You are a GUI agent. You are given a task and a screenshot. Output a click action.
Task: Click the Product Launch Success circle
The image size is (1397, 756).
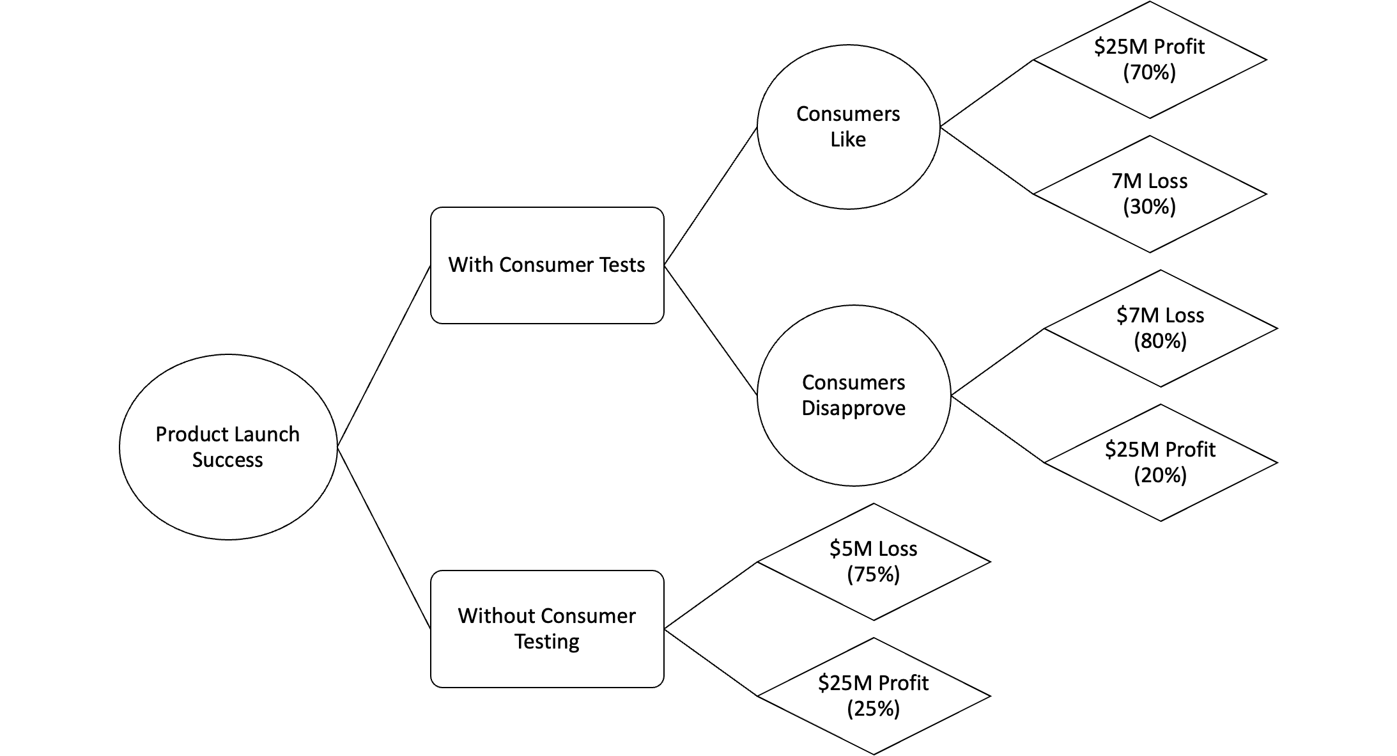(228, 446)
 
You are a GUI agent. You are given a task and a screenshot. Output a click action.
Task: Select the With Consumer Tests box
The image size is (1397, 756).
(547, 265)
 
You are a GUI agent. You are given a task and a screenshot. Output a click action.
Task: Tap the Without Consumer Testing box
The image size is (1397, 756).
(547, 629)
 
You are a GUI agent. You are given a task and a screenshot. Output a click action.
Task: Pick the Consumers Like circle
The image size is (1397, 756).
(848, 127)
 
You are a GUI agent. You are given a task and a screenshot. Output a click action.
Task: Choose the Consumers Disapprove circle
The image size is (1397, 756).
(854, 395)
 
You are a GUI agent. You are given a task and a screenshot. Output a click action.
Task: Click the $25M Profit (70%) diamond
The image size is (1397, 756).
(1149, 59)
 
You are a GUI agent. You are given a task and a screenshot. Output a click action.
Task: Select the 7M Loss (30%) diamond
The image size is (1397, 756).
(1149, 194)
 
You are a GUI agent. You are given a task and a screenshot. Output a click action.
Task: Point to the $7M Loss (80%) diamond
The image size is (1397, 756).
(1160, 328)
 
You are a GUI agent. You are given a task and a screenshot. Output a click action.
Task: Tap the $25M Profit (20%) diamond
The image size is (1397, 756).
(1160, 462)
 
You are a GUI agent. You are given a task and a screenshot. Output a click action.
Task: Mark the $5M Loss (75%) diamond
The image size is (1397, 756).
(873, 562)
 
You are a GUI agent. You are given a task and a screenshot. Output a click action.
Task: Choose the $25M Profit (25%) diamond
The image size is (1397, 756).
(873, 696)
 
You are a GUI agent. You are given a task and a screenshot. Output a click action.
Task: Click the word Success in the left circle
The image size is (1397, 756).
(228, 460)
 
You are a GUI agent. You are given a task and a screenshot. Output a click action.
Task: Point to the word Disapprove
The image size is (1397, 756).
(854, 408)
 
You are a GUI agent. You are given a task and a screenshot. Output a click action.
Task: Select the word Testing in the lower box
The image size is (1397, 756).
(547, 642)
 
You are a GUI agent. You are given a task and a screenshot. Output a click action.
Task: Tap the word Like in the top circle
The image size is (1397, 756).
(848, 139)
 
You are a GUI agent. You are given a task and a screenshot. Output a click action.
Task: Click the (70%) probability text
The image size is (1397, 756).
(1149, 72)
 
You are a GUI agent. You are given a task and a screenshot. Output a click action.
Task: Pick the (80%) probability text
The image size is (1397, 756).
(1160, 341)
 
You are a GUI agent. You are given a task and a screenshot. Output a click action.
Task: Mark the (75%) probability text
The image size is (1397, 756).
(873, 574)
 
